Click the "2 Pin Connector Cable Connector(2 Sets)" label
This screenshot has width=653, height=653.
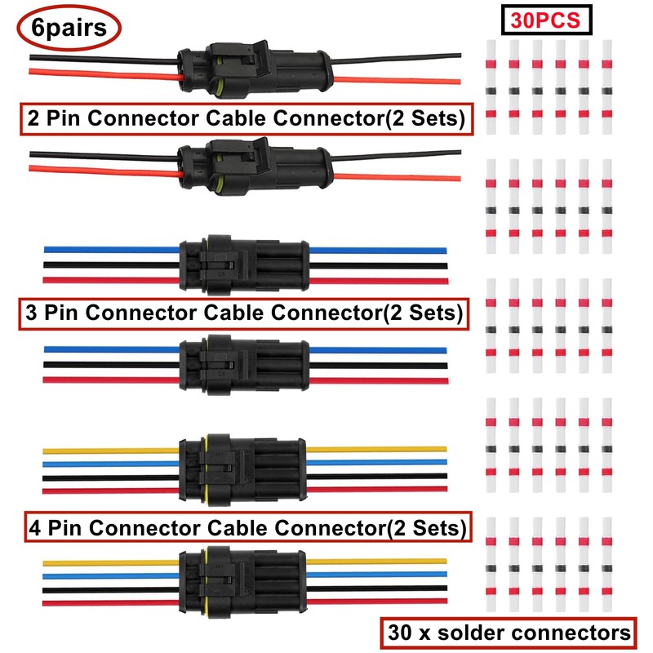245,118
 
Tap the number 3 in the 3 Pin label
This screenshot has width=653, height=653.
31,311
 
